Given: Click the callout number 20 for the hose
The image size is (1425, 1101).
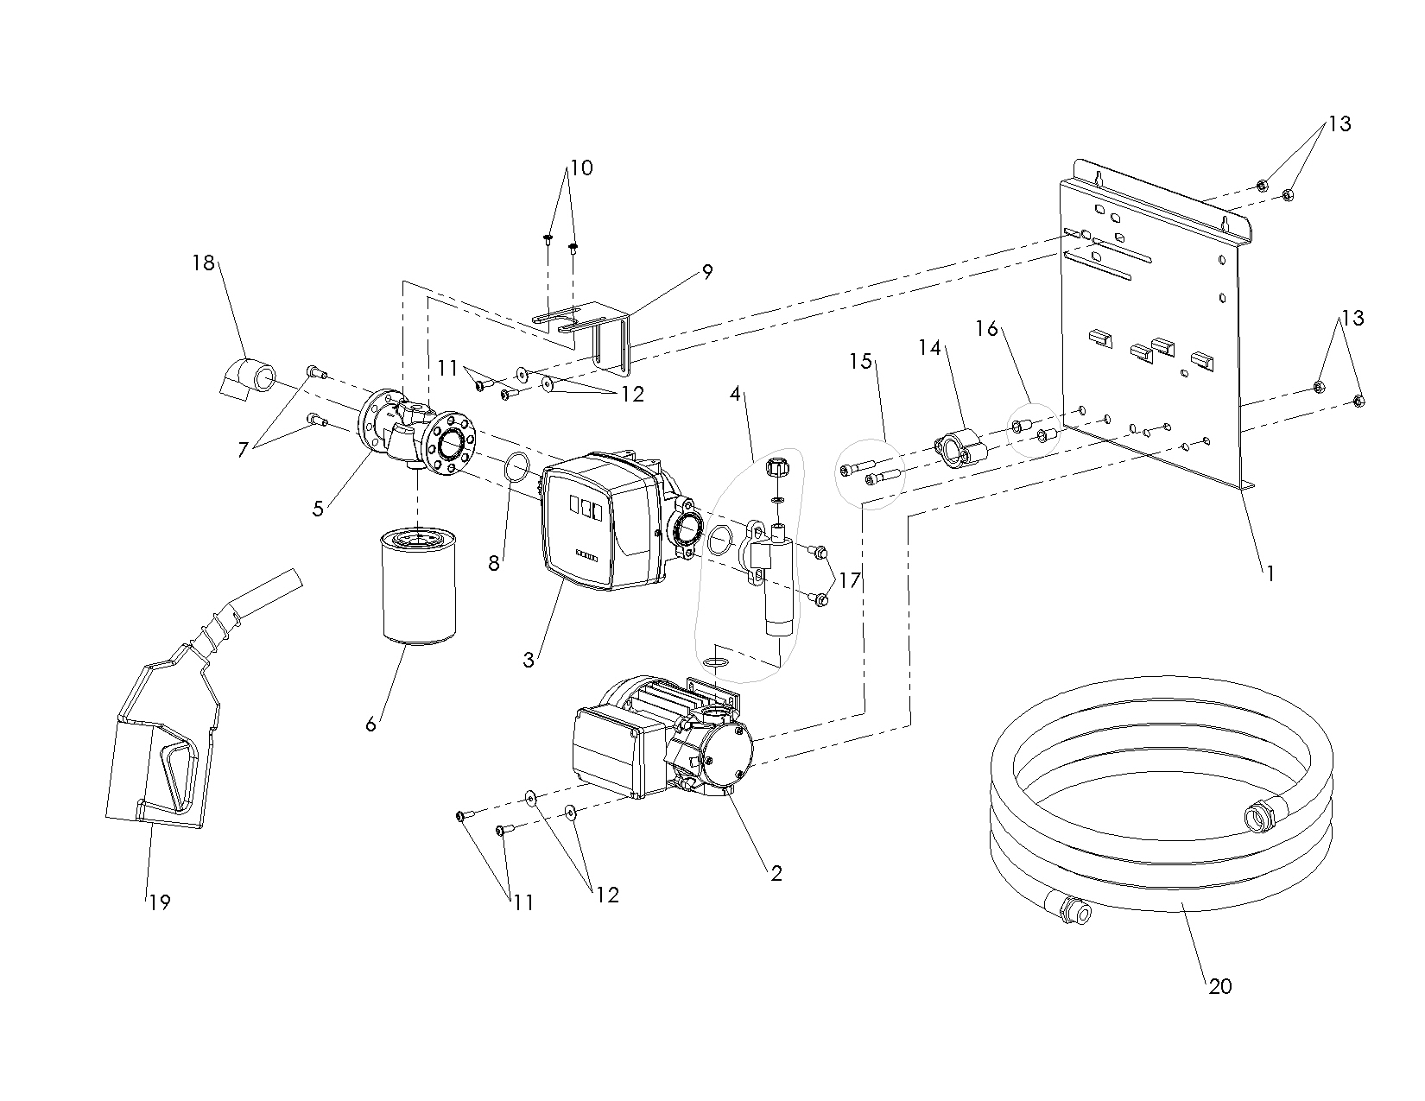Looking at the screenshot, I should pos(1219,986).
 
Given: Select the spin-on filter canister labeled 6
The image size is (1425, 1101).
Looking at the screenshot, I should pos(416,589).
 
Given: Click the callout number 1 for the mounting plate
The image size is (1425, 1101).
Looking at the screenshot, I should pos(1270,572).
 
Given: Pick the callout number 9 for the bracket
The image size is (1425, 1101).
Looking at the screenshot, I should pos(707,271).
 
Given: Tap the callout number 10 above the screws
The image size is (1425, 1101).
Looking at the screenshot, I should pos(581,168).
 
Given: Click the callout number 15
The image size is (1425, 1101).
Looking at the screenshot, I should pos(861,360).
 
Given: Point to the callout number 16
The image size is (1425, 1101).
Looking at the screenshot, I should pos(986,329).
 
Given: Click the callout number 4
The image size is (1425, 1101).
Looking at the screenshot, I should pos(735,394).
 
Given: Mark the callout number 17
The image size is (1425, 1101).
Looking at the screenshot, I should pos(850,580).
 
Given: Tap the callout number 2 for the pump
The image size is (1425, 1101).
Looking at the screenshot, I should pos(776,873).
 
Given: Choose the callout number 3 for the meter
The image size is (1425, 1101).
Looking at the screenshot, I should pos(529,661).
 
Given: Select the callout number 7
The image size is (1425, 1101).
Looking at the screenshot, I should pos(244,449).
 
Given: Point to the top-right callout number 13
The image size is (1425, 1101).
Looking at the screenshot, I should pos(1339,124).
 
